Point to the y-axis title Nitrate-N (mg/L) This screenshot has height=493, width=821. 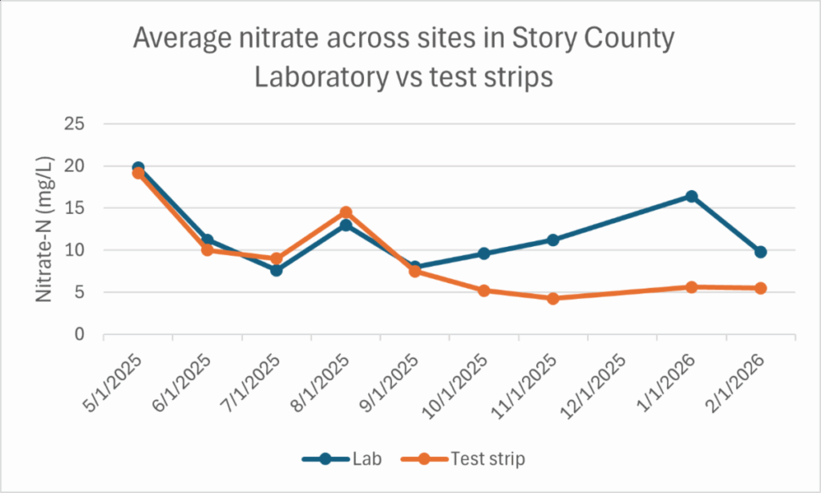tap(45, 229)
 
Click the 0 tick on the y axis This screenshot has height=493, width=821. tap(80, 334)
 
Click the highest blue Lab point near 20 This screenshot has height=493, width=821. tap(138, 168)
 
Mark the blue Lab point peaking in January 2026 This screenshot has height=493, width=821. tap(691, 196)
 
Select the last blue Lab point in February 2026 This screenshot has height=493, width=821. tap(760, 252)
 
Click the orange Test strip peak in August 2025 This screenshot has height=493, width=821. tap(346, 212)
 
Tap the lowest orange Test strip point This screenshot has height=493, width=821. tap(553, 298)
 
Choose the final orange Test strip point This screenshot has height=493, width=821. tap(760, 288)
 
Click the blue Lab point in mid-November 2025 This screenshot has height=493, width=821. tap(553, 240)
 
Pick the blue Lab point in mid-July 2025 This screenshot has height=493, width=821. tap(277, 270)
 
